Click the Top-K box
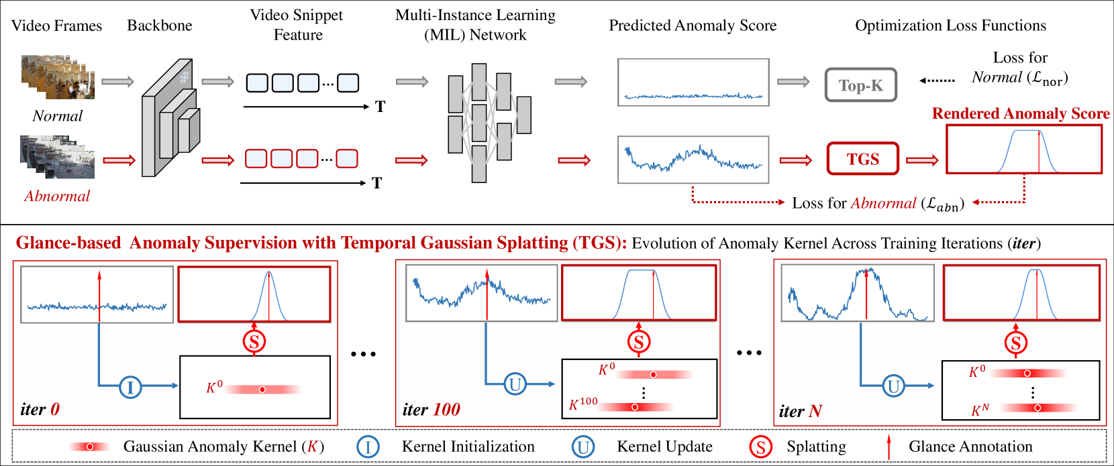point(860,85)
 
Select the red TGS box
point(862,159)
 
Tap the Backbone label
point(160,25)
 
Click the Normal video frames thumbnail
point(58,77)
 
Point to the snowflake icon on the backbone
point(184,77)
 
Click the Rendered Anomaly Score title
point(1021,113)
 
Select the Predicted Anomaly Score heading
point(693,25)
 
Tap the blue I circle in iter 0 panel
point(130,386)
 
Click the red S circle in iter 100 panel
point(639,343)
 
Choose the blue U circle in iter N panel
point(894,386)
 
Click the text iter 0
point(40,409)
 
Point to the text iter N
point(801,411)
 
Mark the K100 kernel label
point(583,404)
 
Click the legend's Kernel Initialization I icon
point(368,447)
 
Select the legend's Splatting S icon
point(760,447)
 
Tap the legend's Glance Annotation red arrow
point(889,447)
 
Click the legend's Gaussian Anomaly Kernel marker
point(89,447)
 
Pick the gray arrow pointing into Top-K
point(793,82)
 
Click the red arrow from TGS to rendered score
point(922,160)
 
